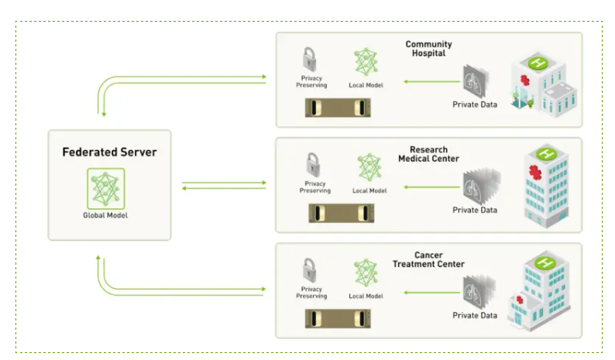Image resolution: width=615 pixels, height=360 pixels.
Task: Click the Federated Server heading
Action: click(x=109, y=152)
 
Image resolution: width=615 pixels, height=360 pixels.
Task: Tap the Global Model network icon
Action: click(x=105, y=188)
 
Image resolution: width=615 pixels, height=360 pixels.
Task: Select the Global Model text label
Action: click(x=105, y=215)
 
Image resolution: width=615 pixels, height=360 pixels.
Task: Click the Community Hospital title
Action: click(x=428, y=49)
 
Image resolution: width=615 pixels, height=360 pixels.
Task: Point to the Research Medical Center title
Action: click(x=428, y=154)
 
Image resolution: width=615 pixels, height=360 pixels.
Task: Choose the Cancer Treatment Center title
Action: click(x=428, y=259)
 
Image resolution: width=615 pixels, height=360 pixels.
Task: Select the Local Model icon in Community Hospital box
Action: click(x=365, y=62)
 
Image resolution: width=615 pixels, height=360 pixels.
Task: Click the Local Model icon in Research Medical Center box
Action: click(x=369, y=168)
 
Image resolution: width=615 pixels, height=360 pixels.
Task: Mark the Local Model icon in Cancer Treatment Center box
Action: click(x=366, y=273)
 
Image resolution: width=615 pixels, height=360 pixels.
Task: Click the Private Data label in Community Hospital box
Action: click(x=475, y=105)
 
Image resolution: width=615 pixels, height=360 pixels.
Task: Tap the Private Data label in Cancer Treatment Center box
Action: click(x=475, y=315)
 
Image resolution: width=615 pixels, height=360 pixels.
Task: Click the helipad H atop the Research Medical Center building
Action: click(x=548, y=153)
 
